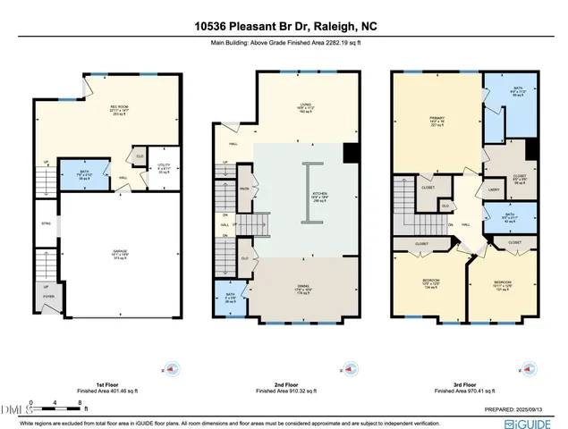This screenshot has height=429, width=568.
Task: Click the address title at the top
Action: (284, 27)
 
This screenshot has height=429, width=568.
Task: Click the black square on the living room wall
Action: (351, 153)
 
